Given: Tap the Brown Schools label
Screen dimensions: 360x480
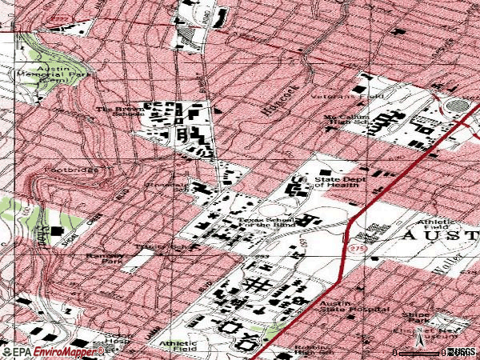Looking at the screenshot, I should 116,111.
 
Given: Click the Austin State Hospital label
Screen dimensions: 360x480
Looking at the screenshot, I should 354,309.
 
